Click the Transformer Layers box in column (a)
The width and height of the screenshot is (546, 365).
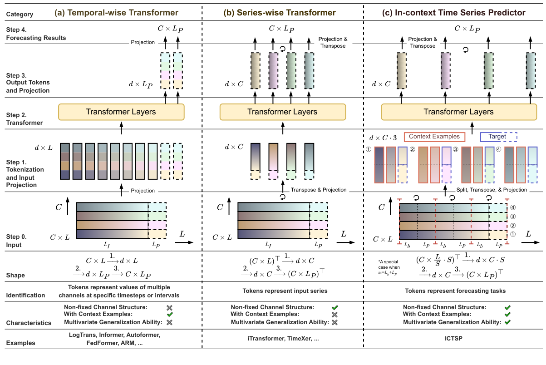pyautogui.click(x=121, y=112)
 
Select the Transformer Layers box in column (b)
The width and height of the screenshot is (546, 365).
pyautogui.click(x=282, y=112)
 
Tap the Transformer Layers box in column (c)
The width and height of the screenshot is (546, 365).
pyautogui.click(x=458, y=112)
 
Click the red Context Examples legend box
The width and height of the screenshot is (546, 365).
pyautogui.click(x=434, y=136)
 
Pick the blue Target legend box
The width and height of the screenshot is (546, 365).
pyautogui.click(x=499, y=136)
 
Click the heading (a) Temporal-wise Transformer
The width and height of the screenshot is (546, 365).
pyautogui.click(x=116, y=13)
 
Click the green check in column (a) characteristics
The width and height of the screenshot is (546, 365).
pyautogui.click(x=170, y=315)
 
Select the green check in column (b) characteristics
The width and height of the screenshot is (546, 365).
pyautogui.click(x=335, y=307)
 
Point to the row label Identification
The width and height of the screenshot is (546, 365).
pyautogui.click(x=25, y=295)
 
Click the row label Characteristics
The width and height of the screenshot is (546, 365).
pyautogui.click(x=29, y=323)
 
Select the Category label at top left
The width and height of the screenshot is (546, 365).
pyautogui.click(x=20, y=14)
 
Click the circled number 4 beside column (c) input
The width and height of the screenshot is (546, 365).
pyautogui.click(x=514, y=208)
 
